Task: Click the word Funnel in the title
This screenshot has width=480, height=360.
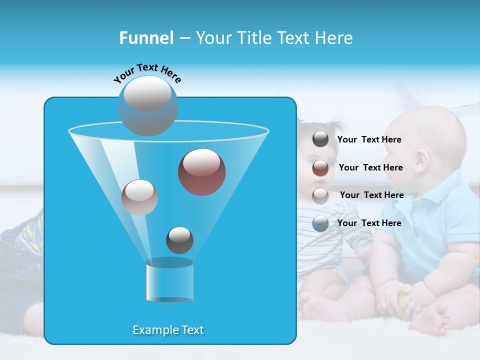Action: [x=146, y=38]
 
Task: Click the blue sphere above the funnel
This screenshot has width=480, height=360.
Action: [x=147, y=105]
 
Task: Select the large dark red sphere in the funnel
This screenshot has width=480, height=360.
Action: [x=201, y=171]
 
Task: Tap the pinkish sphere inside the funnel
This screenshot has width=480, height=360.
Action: [x=139, y=197]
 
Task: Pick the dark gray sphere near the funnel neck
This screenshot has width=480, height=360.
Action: [x=179, y=240]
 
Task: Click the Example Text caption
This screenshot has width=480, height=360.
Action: [x=168, y=330]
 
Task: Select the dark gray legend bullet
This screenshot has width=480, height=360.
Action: [x=320, y=139]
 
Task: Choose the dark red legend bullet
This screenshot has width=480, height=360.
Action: [x=320, y=168]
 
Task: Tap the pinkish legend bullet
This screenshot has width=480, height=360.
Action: [x=320, y=195]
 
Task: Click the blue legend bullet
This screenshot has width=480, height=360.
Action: [x=320, y=223]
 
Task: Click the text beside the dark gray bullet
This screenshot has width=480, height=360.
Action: [x=369, y=139]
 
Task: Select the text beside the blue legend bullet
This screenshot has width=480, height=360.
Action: [x=369, y=223]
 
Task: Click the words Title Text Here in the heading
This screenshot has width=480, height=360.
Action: [x=274, y=38]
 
